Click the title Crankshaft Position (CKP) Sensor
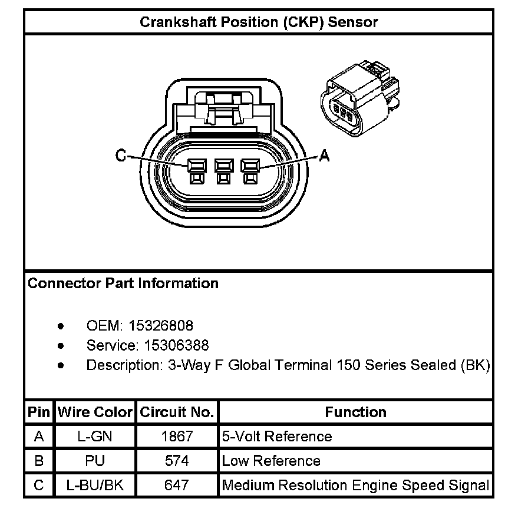[x=258, y=22]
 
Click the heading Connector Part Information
[x=123, y=283]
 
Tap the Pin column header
[x=39, y=412]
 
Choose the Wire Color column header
[x=95, y=412]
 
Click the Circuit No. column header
[x=177, y=412]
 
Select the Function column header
[x=355, y=412]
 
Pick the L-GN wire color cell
[x=95, y=437]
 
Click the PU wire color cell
[x=95, y=461]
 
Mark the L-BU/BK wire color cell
[x=95, y=486]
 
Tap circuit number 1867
[x=177, y=437]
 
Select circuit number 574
[x=177, y=461]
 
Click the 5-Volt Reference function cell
[x=277, y=437]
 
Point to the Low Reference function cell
[x=271, y=461]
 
